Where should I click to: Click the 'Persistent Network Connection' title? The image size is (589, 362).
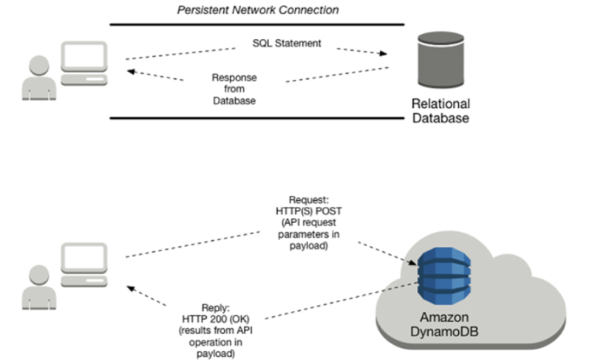[257, 10]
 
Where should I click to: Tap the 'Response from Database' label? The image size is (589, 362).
[234, 89]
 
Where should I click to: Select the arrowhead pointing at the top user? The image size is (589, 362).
[130, 72]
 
